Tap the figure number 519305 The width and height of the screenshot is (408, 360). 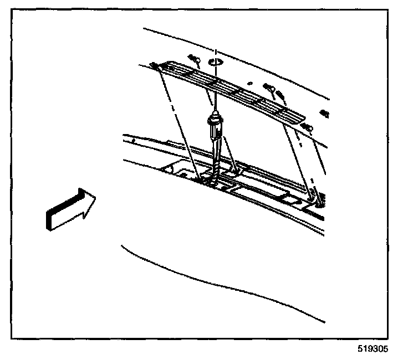point(373,350)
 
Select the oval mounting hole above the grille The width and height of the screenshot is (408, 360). point(216,61)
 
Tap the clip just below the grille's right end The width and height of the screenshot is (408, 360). point(307,128)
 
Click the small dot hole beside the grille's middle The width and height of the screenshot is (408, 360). point(252,84)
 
